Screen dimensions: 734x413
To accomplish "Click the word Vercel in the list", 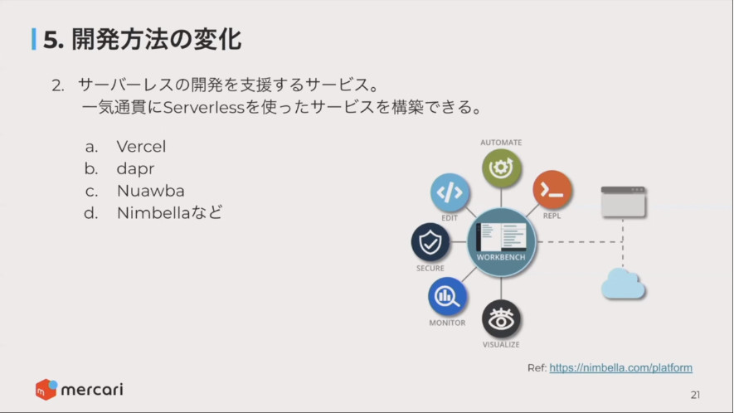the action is (x=141, y=147).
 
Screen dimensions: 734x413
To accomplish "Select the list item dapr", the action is (x=135, y=169).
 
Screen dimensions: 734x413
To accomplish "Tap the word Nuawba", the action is (x=150, y=191).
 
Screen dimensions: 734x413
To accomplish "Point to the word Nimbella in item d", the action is (x=153, y=213).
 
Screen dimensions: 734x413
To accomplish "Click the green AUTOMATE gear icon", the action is (x=501, y=168).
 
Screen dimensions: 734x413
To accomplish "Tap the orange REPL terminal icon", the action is (x=552, y=190).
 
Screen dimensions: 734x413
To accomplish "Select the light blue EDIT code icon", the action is (x=450, y=192).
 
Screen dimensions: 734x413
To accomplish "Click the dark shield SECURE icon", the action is (x=430, y=242).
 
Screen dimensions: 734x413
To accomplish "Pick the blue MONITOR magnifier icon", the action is (x=447, y=296).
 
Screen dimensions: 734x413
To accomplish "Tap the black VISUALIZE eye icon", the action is (x=501, y=319).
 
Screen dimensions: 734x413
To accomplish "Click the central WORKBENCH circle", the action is (x=501, y=242).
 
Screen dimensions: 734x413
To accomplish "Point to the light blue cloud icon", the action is (x=623, y=284).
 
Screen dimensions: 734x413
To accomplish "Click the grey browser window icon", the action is (x=623, y=202).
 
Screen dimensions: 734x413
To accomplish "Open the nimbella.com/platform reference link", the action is (x=620, y=368).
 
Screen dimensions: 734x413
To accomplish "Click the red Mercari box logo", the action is (x=46, y=389).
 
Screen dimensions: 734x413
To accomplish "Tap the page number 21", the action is (x=695, y=396).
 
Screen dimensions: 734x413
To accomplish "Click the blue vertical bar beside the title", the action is (x=34, y=39).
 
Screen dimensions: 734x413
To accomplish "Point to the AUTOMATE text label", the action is (x=501, y=143).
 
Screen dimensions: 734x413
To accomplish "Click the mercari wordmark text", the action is (x=92, y=390).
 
